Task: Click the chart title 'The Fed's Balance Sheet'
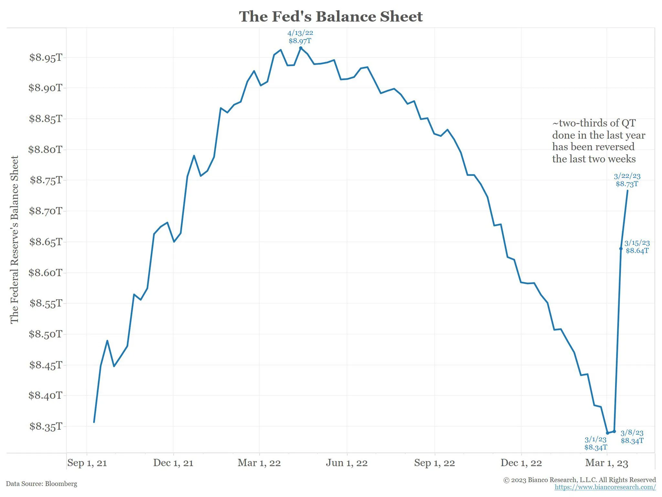tap(331, 17)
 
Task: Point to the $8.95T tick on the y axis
tap(46, 58)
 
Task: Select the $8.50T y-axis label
tap(45, 334)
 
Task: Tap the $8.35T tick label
tap(46, 426)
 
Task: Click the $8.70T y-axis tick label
tap(46, 211)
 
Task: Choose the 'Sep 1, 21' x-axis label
tap(87, 463)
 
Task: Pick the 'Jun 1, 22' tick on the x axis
tap(347, 463)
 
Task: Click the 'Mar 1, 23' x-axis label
tap(606, 463)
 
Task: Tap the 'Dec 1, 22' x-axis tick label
tap(521, 463)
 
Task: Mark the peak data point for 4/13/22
tap(301, 48)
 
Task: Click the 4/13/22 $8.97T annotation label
tap(300, 37)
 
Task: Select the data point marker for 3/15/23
tap(621, 248)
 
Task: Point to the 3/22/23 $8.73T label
tap(627, 180)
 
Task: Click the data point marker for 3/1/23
tap(607, 433)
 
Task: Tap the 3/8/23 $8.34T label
tap(632, 436)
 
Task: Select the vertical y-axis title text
tap(15, 239)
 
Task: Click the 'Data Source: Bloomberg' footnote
tap(42, 484)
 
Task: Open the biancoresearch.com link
tap(605, 487)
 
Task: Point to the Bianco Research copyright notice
tap(579, 480)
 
